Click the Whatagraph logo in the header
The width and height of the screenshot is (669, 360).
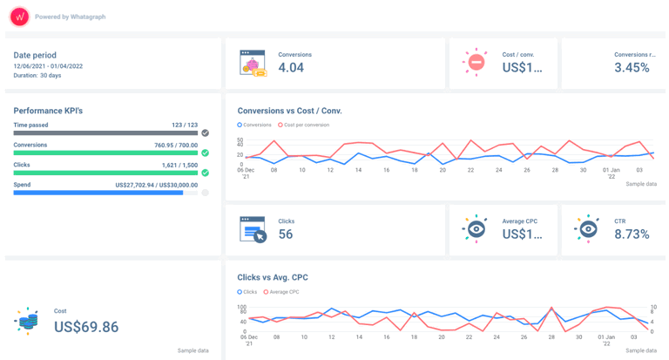[19, 17]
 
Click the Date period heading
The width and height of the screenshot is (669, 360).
[35, 55]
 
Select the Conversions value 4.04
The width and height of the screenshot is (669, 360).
[291, 68]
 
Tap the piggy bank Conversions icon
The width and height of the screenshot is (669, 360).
[253, 63]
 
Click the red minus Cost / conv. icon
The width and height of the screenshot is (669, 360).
[476, 62]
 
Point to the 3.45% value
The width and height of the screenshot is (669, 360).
[632, 68]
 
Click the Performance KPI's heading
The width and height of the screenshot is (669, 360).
[48, 111]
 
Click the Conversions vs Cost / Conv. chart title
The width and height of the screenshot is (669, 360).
[289, 111]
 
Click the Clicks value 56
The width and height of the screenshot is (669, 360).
[286, 234]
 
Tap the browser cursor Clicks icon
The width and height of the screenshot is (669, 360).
[253, 229]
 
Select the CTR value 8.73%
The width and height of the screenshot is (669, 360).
[632, 234]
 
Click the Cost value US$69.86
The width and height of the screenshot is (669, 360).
[86, 327]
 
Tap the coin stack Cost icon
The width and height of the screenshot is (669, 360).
[27, 321]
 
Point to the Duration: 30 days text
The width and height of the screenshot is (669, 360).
[37, 76]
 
